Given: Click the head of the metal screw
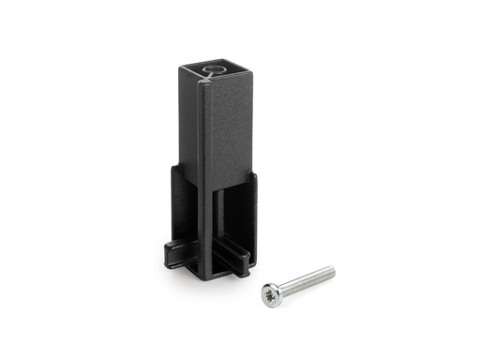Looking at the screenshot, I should tap(271, 293).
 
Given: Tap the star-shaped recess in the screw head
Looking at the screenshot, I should tap(270, 294).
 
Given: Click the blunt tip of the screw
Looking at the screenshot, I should tap(331, 271).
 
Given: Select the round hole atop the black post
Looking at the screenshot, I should tap(214, 71).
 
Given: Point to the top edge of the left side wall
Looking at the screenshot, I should tap(175, 169).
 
